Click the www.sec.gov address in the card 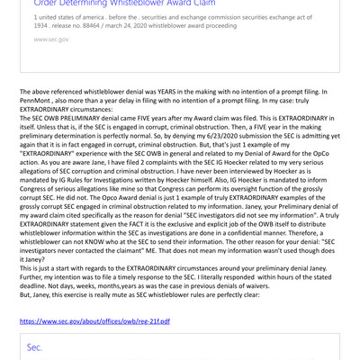(50, 40)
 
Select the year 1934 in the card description (42, 26)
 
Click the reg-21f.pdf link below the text (94, 321)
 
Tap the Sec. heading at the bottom (34, 346)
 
